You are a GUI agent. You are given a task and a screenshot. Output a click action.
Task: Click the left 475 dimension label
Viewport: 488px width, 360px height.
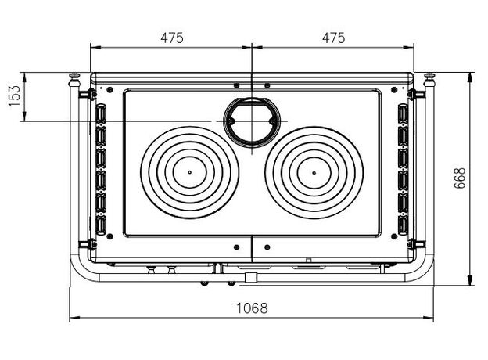coord(172,38)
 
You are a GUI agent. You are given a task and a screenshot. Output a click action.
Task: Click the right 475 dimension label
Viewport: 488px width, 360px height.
coord(334,38)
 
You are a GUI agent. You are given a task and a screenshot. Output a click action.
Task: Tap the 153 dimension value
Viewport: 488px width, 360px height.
coord(15,95)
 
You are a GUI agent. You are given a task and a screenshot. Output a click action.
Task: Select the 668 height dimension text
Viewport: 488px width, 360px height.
coord(460,178)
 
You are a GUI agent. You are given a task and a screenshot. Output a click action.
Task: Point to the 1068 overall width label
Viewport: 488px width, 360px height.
coord(252,308)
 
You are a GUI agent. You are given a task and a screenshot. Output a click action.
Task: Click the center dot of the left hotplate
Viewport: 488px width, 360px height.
coord(189,172)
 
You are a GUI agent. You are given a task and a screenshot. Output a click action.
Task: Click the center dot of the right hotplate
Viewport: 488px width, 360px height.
coord(314,173)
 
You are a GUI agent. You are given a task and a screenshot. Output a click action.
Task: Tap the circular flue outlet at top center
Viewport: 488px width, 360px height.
coord(252,122)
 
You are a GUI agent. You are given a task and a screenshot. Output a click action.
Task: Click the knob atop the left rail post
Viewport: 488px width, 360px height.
coord(74,77)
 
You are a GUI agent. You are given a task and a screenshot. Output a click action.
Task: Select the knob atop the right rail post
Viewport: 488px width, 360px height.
coord(429,77)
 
